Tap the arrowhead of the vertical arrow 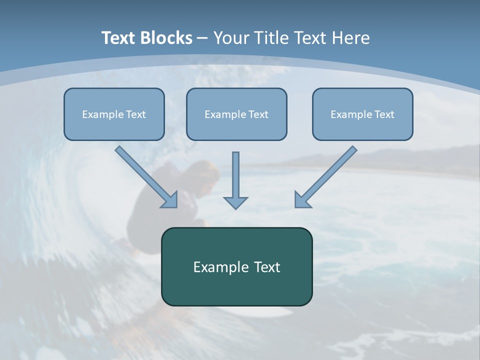point(235,202)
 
